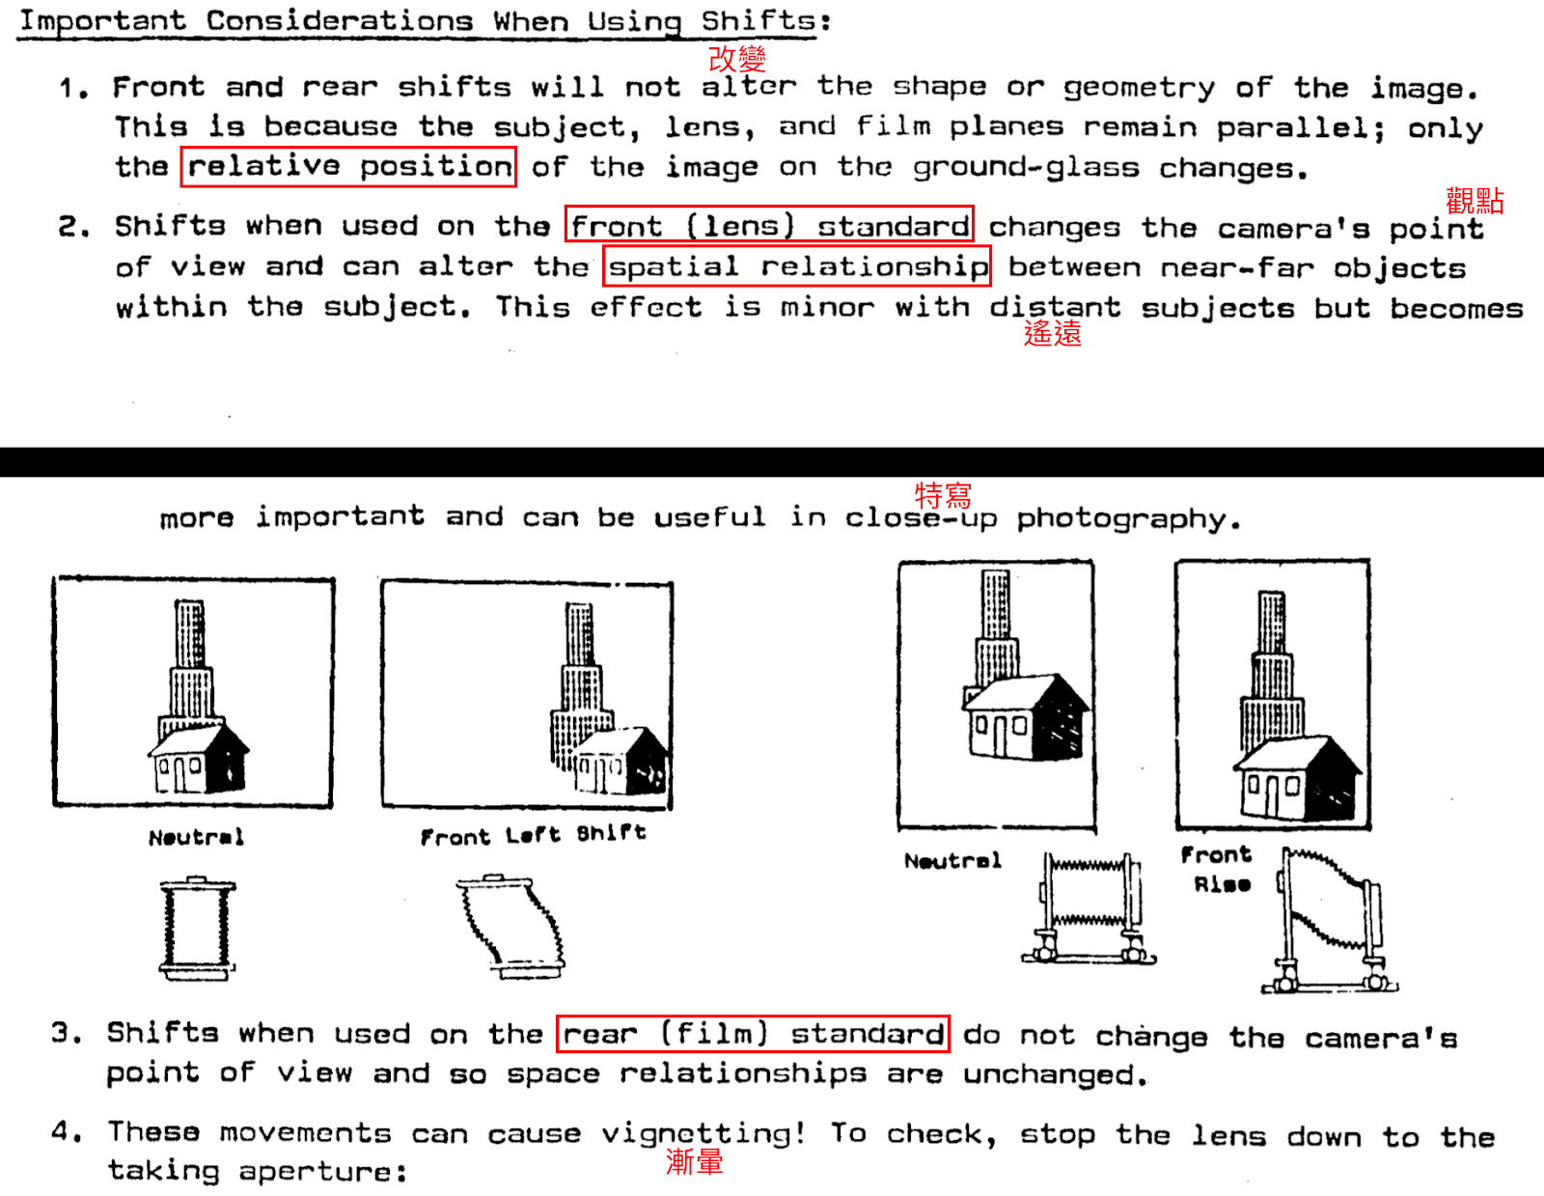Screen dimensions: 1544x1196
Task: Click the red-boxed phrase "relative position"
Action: point(348,167)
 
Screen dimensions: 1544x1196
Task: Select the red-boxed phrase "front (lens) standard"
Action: point(769,225)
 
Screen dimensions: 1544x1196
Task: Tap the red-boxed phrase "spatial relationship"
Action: point(797,266)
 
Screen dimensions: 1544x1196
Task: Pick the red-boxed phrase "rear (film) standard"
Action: point(753,1034)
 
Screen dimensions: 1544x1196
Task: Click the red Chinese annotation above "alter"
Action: point(737,59)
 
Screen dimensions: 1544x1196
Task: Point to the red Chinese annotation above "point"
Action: point(1475,201)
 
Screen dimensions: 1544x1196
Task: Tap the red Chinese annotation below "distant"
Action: point(1052,333)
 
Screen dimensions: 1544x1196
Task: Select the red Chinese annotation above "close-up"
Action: point(942,495)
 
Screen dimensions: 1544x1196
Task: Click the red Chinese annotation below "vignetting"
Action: point(694,1162)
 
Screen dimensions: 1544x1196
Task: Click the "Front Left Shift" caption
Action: point(533,835)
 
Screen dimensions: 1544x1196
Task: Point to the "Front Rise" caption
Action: point(1217,869)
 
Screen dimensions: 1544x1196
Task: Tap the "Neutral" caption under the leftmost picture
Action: point(196,837)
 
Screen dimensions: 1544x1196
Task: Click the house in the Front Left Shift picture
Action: point(621,761)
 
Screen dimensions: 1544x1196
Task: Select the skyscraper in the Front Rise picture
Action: point(1272,672)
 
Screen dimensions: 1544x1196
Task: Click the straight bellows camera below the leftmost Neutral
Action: point(198,928)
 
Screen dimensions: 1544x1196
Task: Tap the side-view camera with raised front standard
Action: point(1330,920)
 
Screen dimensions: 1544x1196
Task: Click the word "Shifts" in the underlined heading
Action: point(758,21)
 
